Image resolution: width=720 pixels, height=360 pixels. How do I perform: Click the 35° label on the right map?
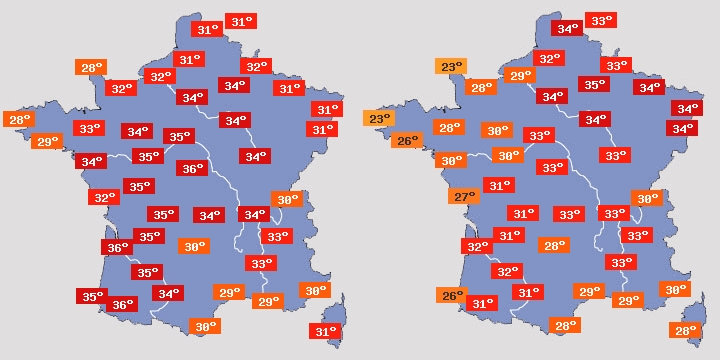tap(594, 85)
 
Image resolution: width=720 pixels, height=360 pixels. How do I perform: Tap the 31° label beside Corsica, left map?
tap(326, 331)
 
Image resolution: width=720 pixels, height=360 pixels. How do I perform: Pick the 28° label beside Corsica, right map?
tap(686, 330)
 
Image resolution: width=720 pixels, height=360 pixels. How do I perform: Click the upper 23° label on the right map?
tap(451, 67)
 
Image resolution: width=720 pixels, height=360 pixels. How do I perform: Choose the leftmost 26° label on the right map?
tap(406, 141)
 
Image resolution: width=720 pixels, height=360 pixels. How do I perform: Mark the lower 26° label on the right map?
tap(452, 295)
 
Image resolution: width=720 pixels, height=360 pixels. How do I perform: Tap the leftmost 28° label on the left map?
tap(18, 120)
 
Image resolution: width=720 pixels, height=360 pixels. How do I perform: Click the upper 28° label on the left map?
tap(91, 68)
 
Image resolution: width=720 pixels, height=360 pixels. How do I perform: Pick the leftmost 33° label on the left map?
tap(89, 128)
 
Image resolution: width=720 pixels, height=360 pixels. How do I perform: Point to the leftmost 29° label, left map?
tap(45, 142)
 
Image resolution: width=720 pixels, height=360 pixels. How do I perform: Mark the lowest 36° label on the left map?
tap(122, 304)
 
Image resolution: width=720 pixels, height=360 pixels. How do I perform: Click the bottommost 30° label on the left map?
tap(204, 326)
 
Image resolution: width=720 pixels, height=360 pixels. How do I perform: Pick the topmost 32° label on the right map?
tap(549, 59)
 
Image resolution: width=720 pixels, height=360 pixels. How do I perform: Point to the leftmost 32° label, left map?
tap(102, 197)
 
